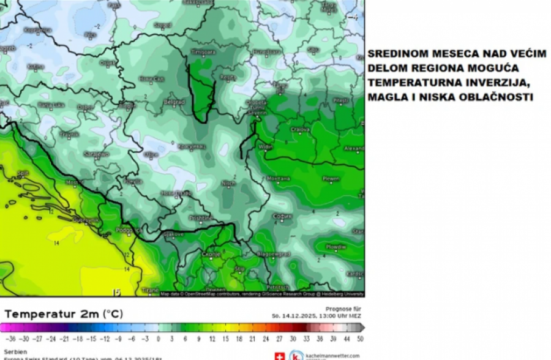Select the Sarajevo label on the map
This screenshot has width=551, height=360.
96,154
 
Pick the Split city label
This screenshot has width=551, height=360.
23,173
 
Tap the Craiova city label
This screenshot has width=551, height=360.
299,130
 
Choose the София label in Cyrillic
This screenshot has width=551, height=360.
281,216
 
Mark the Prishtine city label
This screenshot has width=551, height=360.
200,218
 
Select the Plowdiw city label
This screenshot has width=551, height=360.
335,247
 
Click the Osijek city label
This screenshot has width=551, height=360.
107,62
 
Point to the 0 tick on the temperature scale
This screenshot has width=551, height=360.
158,339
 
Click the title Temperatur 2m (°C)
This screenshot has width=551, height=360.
63,314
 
